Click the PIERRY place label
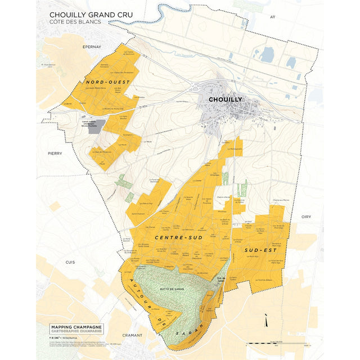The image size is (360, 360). [x=54, y=152]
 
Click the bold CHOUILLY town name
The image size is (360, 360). [x=225, y=100]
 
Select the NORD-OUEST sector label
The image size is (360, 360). [x=108, y=83]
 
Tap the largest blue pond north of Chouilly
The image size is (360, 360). [x=266, y=55]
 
